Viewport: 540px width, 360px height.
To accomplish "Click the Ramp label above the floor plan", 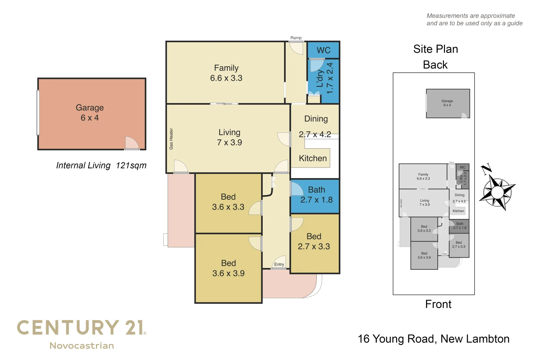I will pos(296,38).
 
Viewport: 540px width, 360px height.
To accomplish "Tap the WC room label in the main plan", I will pos(323,50).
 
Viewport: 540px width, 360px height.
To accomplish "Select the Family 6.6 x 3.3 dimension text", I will pos(226,78).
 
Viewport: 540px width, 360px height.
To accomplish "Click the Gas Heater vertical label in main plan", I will pos(171,139).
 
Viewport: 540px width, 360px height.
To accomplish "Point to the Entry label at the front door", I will pos(279,264).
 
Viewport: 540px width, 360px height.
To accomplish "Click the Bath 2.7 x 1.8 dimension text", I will pos(316,200).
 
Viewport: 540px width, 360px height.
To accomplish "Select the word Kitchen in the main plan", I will pos(313,158).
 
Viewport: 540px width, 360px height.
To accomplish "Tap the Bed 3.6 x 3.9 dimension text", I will pos(228,273).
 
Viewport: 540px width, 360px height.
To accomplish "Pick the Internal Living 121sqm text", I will pos(101,165).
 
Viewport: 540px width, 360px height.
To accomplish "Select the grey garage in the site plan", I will pos(448,103).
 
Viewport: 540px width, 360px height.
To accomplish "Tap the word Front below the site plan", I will pos(438,304).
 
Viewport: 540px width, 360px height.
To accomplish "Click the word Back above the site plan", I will pos(435,65).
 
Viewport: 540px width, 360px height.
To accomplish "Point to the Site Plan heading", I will pos(435,49).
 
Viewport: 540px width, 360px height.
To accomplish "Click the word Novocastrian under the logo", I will pos(82,346).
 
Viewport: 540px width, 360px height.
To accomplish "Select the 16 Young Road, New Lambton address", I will pos(433,339).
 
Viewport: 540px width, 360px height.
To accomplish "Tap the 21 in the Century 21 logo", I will pos(134,328).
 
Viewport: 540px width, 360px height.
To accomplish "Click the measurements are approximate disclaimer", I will pos(474,20).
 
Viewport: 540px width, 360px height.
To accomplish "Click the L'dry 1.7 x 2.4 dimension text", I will pos(330,78).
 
